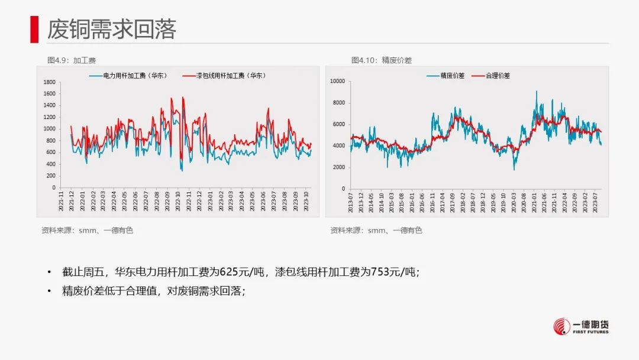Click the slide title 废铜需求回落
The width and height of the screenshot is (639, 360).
click(112, 29)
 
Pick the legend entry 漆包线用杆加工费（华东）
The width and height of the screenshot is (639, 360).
click(223, 76)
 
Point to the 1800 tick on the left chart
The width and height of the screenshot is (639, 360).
click(50, 82)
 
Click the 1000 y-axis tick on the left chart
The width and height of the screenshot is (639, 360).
click(50, 129)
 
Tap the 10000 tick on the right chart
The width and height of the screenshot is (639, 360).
click(337, 81)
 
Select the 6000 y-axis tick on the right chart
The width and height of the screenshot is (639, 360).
click(338, 124)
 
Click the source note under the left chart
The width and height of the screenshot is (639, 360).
click(87, 230)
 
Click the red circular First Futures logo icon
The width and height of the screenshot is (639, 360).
click(561, 326)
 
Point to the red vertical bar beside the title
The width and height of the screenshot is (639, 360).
click(34, 29)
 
